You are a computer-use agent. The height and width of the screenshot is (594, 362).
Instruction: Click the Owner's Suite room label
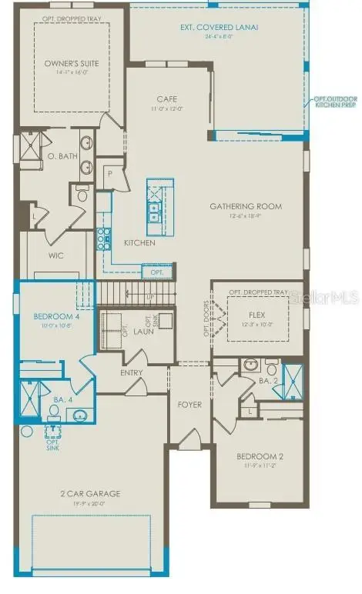tap(68, 65)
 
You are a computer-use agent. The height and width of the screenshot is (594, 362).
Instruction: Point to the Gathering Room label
tap(246, 206)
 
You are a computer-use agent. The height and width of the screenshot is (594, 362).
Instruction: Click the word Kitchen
tap(139, 243)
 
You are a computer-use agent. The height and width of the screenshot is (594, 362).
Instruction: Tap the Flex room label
tap(256, 315)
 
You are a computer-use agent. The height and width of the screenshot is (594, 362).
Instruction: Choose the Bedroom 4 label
tap(53, 317)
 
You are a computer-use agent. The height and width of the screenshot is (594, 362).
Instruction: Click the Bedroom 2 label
tap(260, 456)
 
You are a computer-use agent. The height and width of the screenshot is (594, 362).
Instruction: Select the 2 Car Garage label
tap(91, 494)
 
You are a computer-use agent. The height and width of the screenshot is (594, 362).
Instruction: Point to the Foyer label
tap(189, 404)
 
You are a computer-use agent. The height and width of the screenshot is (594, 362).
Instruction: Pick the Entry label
tap(132, 373)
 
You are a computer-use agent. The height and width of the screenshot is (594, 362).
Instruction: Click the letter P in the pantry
tap(109, 173)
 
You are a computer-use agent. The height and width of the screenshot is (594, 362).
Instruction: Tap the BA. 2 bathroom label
tap(267, 380)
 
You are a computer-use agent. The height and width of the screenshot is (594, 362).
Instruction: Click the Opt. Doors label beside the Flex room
tap(206, 314)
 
